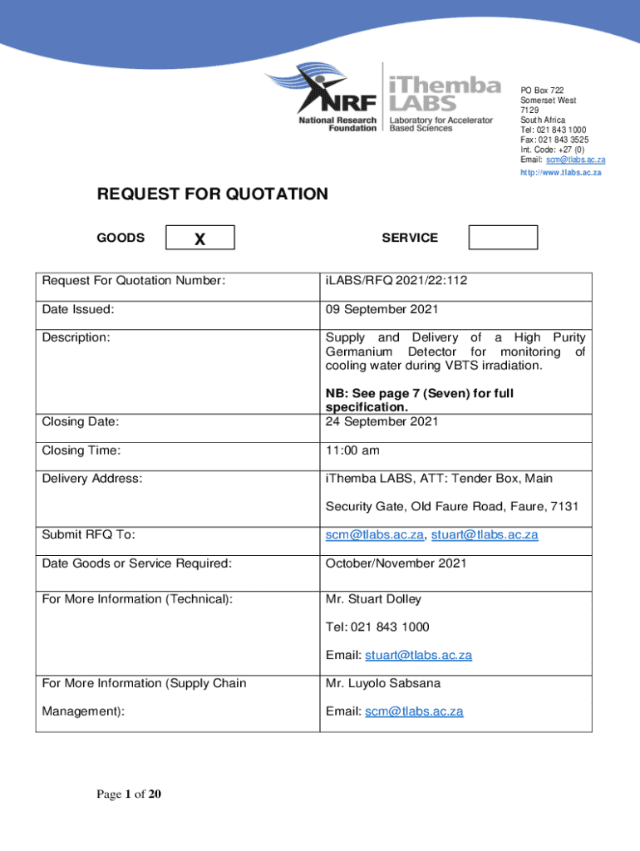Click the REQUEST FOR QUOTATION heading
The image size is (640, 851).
(x=213, y=194)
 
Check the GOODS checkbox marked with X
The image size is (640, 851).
(x=200, y=239)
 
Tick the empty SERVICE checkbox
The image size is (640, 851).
(x=503, y=238)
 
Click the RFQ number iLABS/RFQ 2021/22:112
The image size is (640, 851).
(x=396, y=282)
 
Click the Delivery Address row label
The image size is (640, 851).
(x=92, y=479)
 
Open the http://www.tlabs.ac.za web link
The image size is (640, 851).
(x=561, y=173)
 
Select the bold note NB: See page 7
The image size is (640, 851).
(x=419, y=400)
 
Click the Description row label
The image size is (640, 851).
(x=76, y=337)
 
